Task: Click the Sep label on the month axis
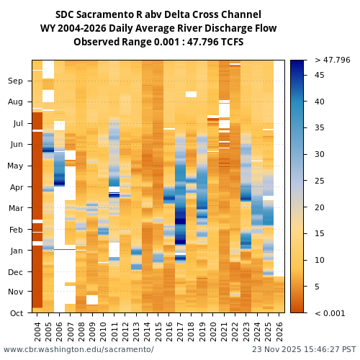point(16,81)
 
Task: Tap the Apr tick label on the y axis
point(16,187)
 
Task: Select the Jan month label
point(16,251)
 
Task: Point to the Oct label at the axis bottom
point(16,313)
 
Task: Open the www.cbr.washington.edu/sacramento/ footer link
point(78,350)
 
